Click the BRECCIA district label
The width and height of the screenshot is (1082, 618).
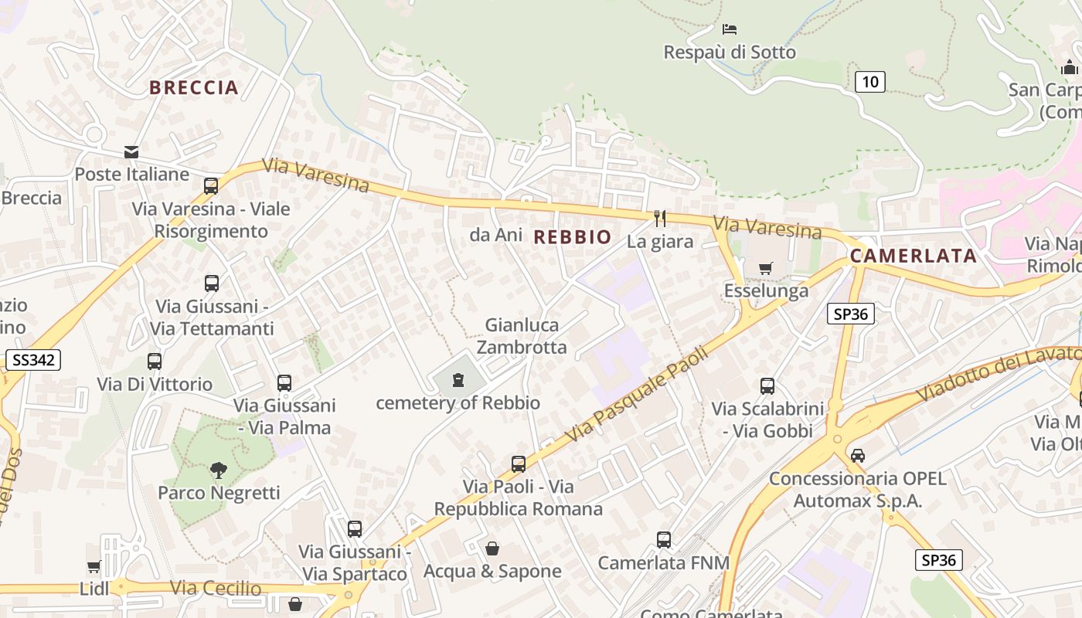[x=193, y=87]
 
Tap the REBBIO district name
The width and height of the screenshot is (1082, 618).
[x=573, y=237]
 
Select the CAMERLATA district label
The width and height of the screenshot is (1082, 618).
[x=913, y=256]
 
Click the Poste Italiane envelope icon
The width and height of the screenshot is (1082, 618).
[x=131, y=152]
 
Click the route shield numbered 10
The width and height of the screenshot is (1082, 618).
[x=870, y=81]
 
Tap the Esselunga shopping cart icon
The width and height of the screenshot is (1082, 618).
[x=765, y=269]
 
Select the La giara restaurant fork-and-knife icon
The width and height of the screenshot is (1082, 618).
[x=659, y=219]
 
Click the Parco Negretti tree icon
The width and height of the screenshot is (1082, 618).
[x=219, y=470]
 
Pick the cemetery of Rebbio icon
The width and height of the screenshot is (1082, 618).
[x=458, y=380]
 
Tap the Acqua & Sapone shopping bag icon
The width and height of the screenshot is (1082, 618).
[x=492, y=548]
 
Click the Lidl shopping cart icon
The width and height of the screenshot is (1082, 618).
[x=94, y=567]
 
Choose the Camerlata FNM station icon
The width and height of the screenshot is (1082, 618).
[x=663, y=540]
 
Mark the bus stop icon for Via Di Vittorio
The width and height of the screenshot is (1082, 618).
[x=155, y=362]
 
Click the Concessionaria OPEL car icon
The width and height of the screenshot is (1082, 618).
[x=857, y=456]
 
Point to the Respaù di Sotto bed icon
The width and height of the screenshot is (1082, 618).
[x=729, y=29]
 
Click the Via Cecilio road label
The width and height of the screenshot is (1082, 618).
[x=216, y=588]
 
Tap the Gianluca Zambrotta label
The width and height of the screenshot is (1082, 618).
[x=522, y=336]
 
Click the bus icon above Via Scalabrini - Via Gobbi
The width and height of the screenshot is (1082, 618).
[x=767, y=386]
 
